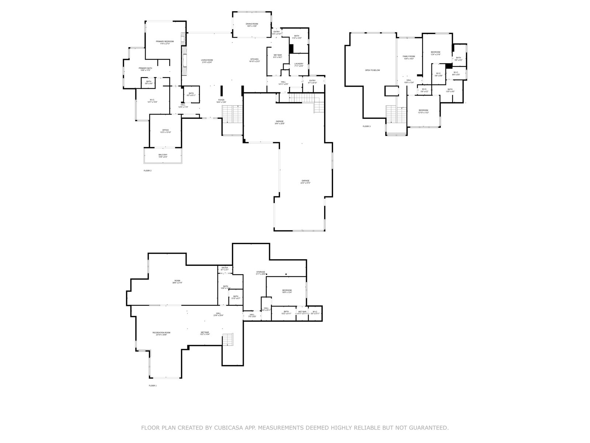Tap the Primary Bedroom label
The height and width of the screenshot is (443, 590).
[x=164, y=42]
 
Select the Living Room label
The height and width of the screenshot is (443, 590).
[x=207, y=61]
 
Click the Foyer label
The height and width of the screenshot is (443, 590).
[x=221, y=100]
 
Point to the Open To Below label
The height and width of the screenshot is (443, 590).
[x=372, y=70]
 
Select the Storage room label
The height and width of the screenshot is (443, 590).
[x=261, y=272]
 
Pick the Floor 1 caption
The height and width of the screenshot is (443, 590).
[x=153, y=386]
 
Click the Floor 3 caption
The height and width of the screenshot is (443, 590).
[x=367, y=127]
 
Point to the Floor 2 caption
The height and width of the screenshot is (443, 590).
[x=147, y=171]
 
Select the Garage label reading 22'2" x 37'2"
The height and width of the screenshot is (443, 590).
[x=305, y=181]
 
